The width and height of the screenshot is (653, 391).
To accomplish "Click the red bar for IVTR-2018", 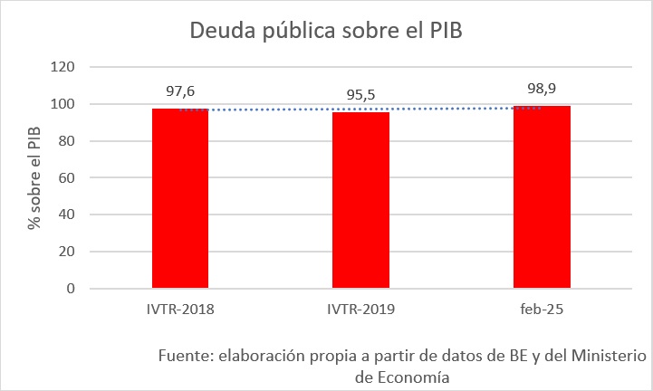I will pyautogui.click(x=180, y=198).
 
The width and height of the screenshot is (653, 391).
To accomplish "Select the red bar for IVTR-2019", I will pyautogui.click(x=361, y=200).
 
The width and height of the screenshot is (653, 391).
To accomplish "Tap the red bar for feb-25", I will pyautogui.click(x=542, y=197).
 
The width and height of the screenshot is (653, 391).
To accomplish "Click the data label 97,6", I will pyautogui.click(x=180, y=91).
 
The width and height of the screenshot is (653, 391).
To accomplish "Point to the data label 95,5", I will pyautogui.click(x=361, y=95).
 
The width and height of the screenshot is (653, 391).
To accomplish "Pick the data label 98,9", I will pyautogui.click(x=542, y=89).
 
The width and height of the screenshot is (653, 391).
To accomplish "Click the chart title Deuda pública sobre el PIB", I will pyautogui.click(x=326, y=30).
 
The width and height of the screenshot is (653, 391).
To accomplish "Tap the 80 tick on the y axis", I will pyautogui.click(x=65, y=141).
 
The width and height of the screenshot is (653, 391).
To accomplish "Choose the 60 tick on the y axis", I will pyautogui.click(x=65, y=178).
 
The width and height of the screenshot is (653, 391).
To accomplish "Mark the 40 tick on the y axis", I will pyautogui.click(x=65, y=215).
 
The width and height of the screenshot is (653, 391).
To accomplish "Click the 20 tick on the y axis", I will pyautogui.click(x=65, y=252).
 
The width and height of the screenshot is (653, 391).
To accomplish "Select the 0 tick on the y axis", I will pyautogui.click(x=69, y=289).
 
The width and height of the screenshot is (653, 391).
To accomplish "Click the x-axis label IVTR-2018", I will pyautogui.click(x=180, y=310).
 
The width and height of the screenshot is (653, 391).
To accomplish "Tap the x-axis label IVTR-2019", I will pyautogui.click(x=361, y=310).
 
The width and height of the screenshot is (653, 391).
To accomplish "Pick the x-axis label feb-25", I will pyautogui.click(x=542, y=310).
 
